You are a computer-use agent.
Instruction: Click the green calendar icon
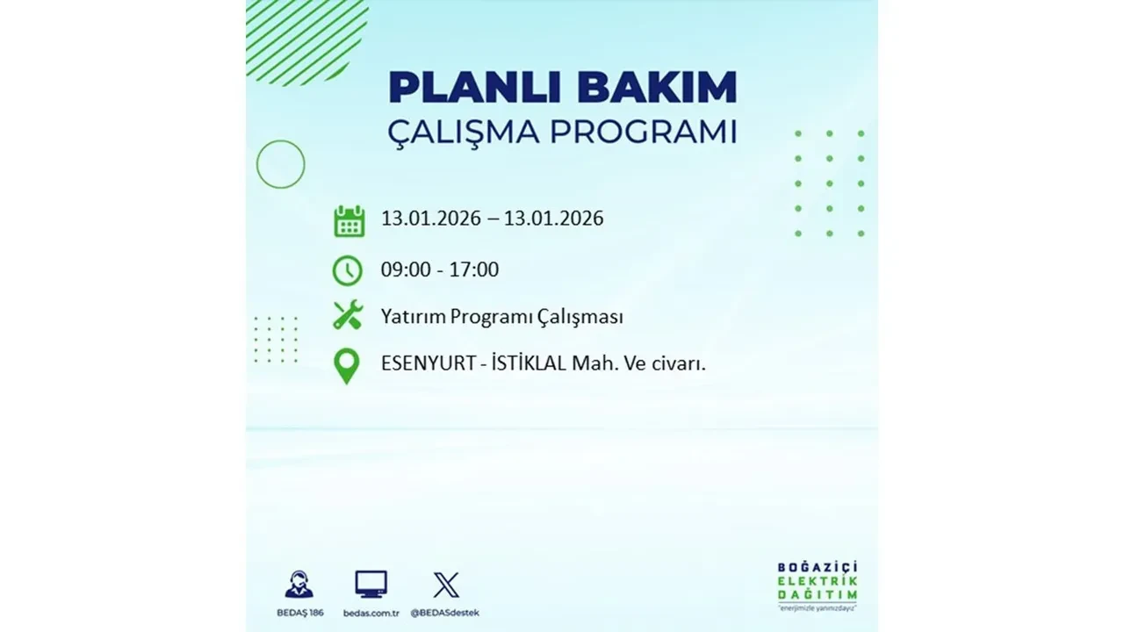click(349, 220)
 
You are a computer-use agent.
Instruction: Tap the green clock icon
click(348, 270)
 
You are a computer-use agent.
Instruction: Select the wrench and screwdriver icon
click(348, 315)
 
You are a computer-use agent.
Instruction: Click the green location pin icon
click(348, 366)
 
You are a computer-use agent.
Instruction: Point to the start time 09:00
click(406, 269)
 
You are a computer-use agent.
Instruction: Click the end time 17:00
click(474, 269)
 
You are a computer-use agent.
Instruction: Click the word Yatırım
click(413, 317)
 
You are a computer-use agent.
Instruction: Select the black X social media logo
click(446, 585)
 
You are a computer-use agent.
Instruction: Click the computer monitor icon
click(371, 585)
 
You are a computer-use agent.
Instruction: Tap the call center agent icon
click(299, 585)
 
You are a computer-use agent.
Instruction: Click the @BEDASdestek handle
click(447, 613)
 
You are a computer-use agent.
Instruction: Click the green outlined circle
click(280, 164)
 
